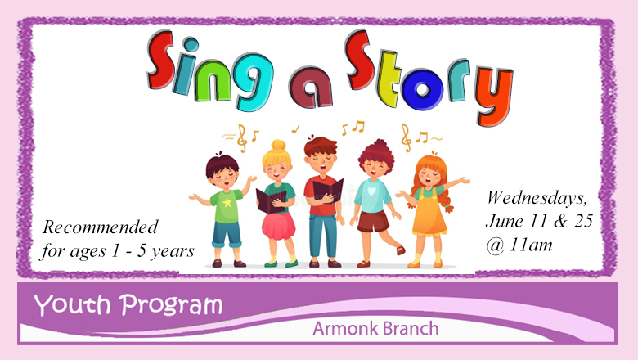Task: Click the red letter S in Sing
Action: coord(161,61)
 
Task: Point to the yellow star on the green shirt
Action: coord(227,202)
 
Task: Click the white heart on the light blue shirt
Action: coord(371,191)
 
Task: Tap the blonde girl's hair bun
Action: coord(278,145)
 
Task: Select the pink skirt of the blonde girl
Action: coord(278,225)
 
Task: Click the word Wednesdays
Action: coord(537,197)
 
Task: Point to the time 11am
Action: coord(531,245)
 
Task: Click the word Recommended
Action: coord(100,227)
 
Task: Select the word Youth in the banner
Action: coord(73,304)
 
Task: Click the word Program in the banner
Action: coord(171,306)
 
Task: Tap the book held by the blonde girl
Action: coord(272,201)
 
